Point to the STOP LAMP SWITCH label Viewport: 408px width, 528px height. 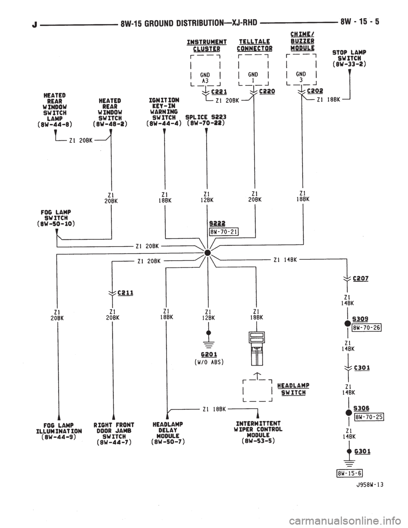pyautogui.click(x=349, y=59)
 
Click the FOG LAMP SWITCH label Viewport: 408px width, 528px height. pyautogui.click(x=56, y=217)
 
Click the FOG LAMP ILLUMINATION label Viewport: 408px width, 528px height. pyautogui.click(x=58, y=429)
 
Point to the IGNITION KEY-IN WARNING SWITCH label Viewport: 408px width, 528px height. pyautogui.click(x=164, y=111)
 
